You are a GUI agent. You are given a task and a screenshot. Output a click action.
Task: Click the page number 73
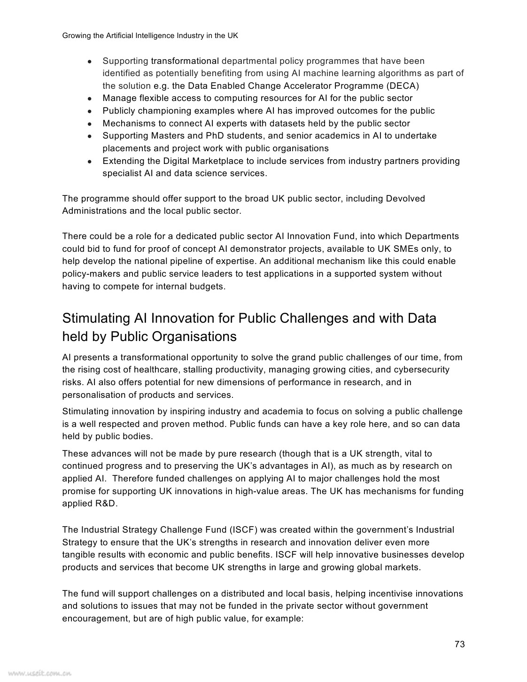pos(459,644)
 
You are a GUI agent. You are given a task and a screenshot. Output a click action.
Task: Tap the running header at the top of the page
pos(150,36)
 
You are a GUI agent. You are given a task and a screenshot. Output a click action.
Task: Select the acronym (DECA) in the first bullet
pos(403,86)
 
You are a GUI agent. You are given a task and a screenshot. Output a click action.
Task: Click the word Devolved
pos(405,199)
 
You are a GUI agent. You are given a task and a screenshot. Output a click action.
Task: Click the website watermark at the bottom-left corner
pos(37,673)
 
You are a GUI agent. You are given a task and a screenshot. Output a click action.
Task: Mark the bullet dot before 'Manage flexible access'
pos(89,99)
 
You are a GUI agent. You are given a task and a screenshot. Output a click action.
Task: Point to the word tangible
pos(78,555)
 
